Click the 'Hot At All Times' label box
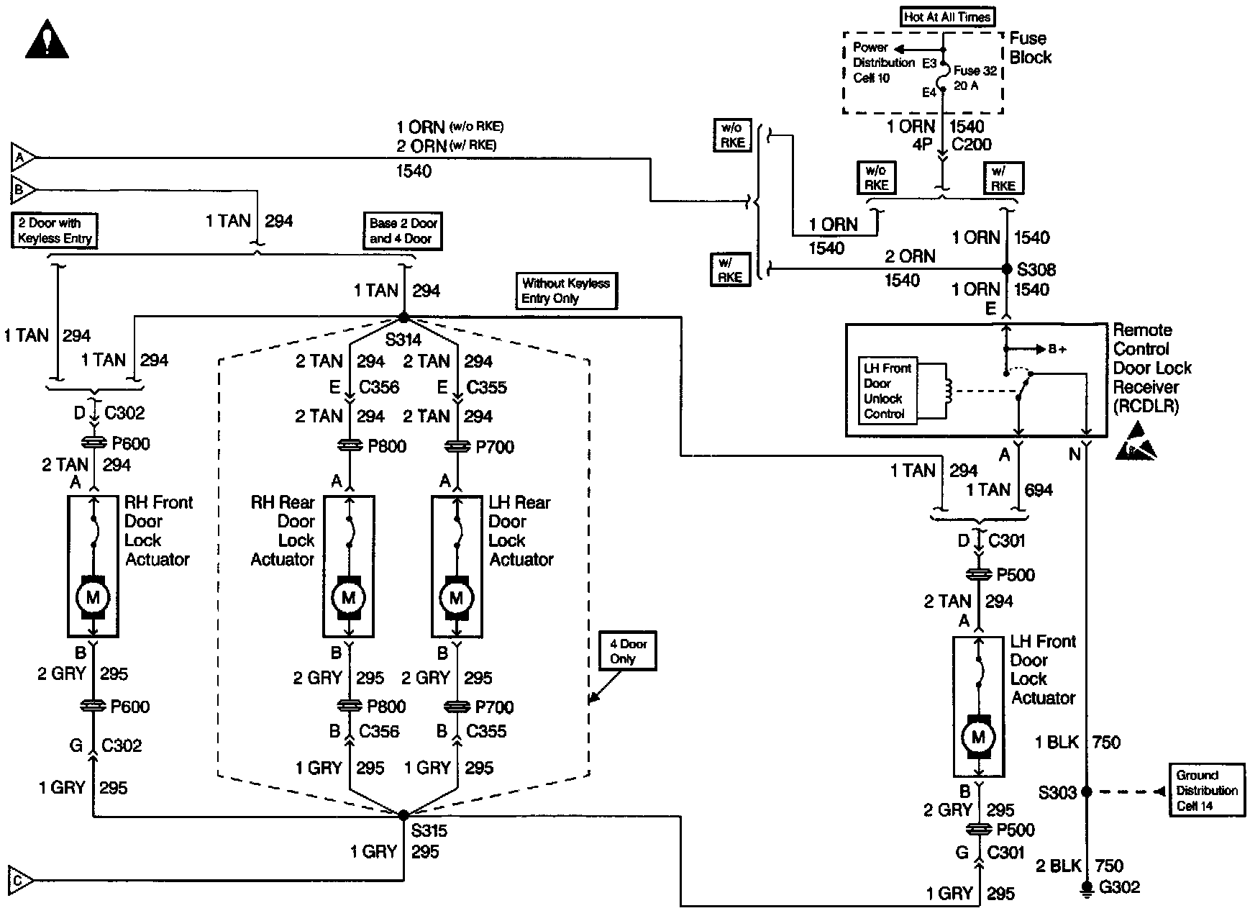pos(947,17)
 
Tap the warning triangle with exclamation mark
pos(47,40)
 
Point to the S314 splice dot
pos(403,317)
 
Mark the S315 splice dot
pos(403,815)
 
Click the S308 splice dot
pos(1007,269)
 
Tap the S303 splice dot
pos(1087,791)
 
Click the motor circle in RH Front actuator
pos(93,596)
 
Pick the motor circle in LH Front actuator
pos(978,737)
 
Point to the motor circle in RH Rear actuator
pos(349,597)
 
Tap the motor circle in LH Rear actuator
pos(457,597)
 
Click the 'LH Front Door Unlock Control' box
pos(888,390)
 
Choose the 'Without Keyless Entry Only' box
pos(565,291)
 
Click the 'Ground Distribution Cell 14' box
pos(1206,790)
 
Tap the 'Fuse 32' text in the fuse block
pos(975,71)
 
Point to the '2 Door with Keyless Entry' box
pos(55,231)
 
